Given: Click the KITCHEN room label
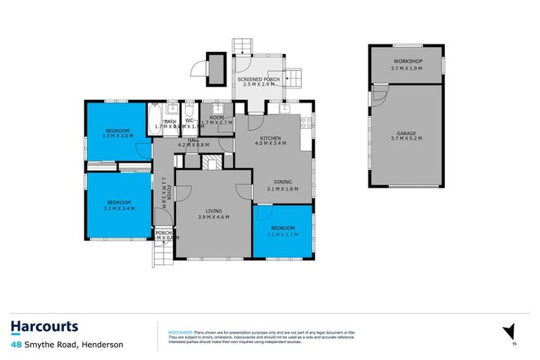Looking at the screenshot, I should (x=271, y=139).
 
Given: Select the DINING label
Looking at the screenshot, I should (x=283, y=181).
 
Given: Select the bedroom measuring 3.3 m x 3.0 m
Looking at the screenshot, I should (x=117, y=131).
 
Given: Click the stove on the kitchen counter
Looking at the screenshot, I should (x=306, y=123).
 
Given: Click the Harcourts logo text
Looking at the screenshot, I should (x=44, y=326).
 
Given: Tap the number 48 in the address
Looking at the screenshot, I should (x=15, y=345).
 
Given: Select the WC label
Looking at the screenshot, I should (x=188, y=121).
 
